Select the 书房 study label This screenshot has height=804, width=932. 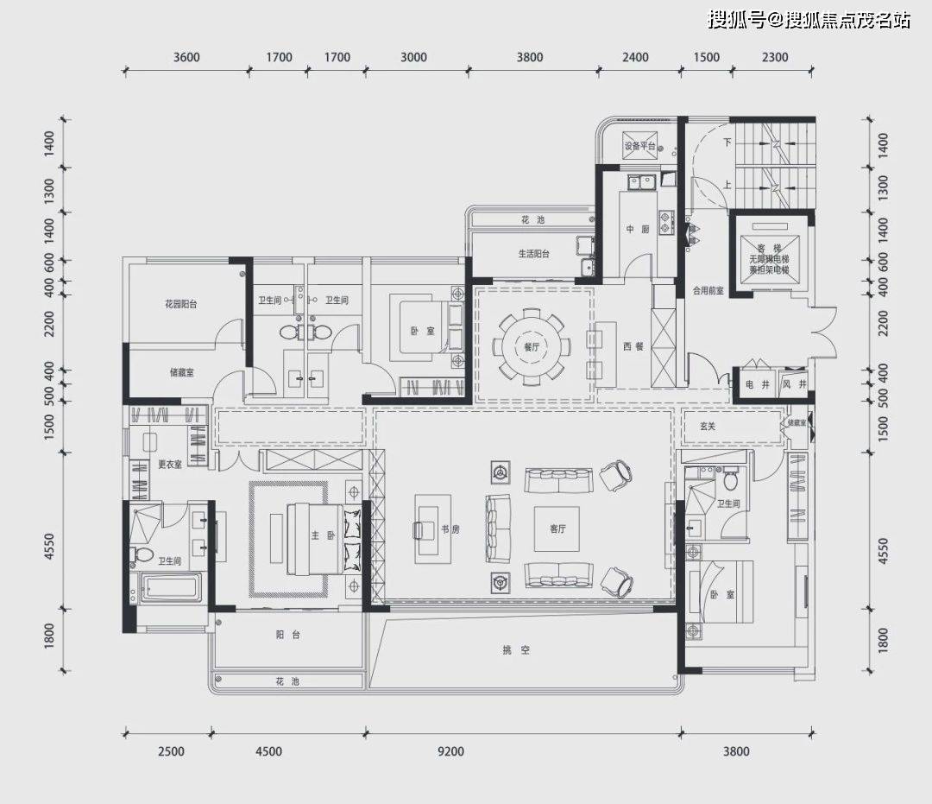point(450,529)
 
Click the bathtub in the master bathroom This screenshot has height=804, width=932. point(170,591)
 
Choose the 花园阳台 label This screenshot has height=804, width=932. point(181,304)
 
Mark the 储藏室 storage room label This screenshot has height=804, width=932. point(181,373)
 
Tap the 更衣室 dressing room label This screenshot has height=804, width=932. point(169,465)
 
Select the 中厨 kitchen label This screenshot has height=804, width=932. point(637,230)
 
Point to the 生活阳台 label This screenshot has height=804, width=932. point(533,254)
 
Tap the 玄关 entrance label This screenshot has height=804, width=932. point(708,425)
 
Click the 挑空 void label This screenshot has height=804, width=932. point(519,649)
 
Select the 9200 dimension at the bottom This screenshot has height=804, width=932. point(450,751)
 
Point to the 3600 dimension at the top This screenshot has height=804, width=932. point(186,58)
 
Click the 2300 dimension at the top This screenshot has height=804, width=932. point(775,58)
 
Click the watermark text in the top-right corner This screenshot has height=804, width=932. point(809,20)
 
